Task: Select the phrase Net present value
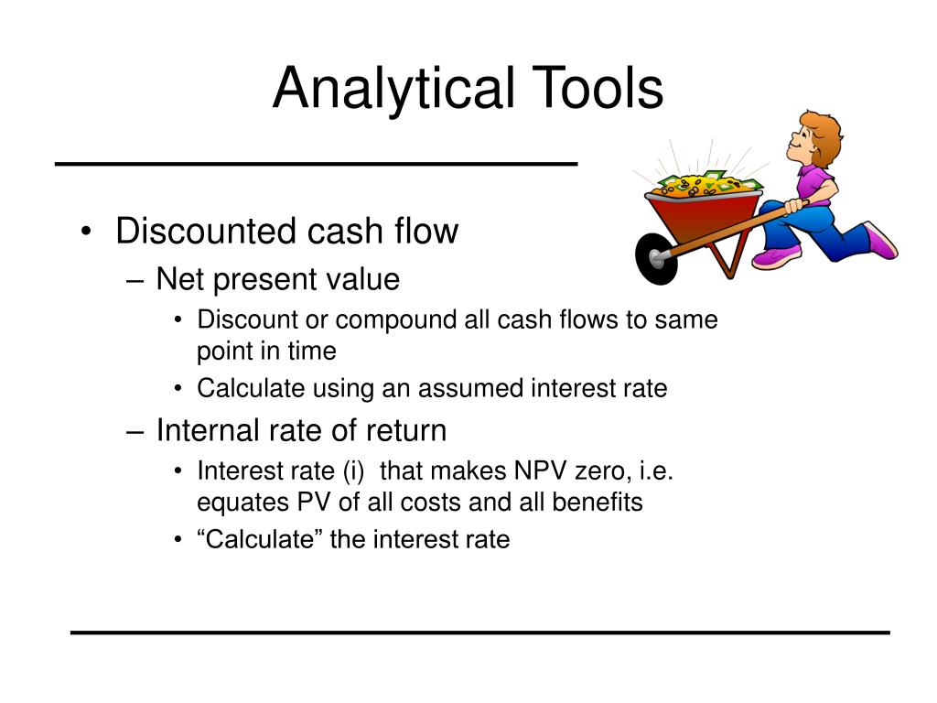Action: pyautogui.click(x=278, y=279)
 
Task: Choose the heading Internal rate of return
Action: pyautogui.click(x=301, y=429)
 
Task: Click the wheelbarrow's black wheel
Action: pyautogui.click(x=656, y=258)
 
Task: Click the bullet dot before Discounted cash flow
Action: pyautogui.click(x=85, y=233)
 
